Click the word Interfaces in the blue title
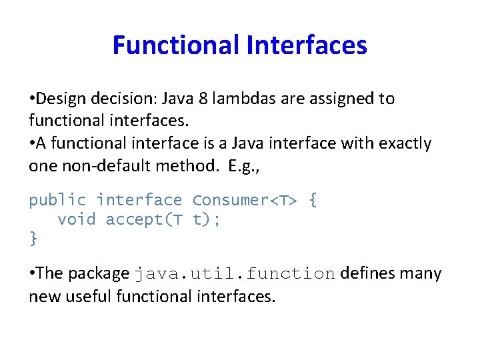[307, 45]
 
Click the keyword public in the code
[58, 200]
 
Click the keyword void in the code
[77, 219]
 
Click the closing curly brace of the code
[33, 238]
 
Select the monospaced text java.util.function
[235, 274]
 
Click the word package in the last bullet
[98, 274]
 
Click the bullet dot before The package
[32, 274]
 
